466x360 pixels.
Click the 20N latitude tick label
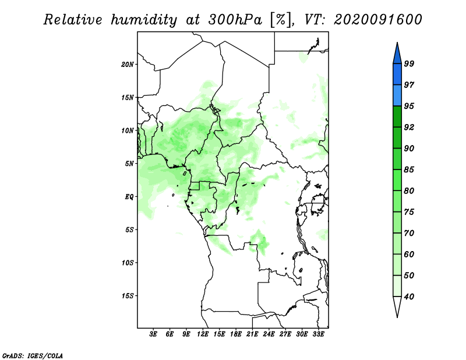(128, 64)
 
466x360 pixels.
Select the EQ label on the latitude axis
(129, 197)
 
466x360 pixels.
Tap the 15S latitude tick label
(128, 296)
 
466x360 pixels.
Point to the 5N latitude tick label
(129, 164)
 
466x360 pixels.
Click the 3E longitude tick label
(154, 335)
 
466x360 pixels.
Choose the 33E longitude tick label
(318, 335)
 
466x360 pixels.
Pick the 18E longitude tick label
(236, 335)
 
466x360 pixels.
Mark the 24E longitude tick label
(269, 335)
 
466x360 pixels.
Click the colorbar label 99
(409, 63)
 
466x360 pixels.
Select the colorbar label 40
(409, 297)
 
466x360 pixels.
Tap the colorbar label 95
(409, 106)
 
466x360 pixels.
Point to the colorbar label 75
(409, 212)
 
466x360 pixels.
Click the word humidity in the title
(143, 19)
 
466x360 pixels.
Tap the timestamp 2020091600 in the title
(378, 19)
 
